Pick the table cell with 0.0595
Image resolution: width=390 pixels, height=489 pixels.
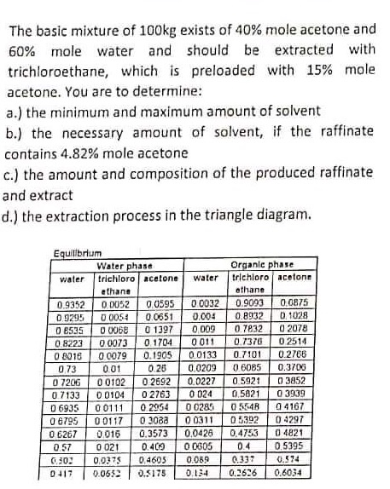pyautogui.click(x=161, y=301)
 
